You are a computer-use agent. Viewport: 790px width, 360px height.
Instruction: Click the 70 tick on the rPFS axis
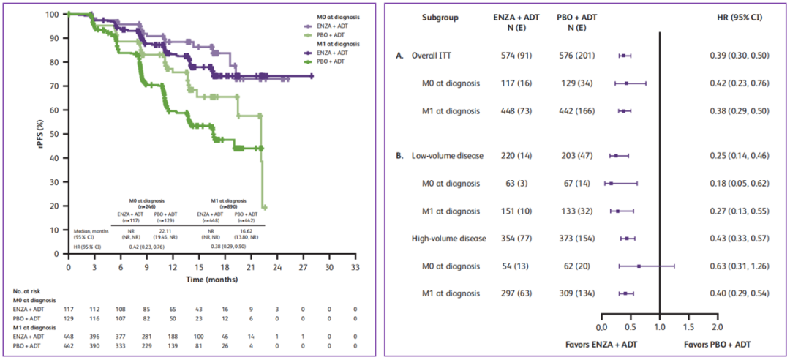pyautogui.click(x=56, y=86)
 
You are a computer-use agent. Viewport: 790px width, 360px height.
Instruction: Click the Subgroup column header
pyautogui.click(x=440, y=17)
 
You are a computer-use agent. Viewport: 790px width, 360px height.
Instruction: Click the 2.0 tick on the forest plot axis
pyautogui.click(x=717, y=327)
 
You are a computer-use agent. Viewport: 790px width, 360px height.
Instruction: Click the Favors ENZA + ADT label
pyautogui.click(x=602, y=344)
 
